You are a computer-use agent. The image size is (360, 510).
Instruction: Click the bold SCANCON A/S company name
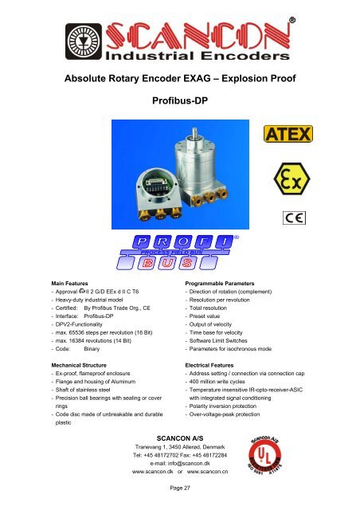tap(180, 438)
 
